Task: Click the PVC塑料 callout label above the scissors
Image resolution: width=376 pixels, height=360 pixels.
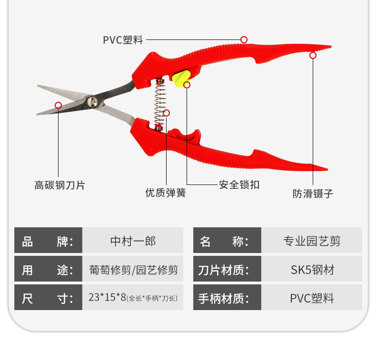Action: tap(123, 40)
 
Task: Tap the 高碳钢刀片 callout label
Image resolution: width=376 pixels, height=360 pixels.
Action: tap(59, 185)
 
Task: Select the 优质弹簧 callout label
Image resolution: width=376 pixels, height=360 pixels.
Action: tap(165, 193)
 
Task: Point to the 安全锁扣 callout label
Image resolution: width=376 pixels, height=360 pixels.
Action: tap(239, 185)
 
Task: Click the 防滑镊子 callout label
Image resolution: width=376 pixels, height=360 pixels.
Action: tap(312, 194)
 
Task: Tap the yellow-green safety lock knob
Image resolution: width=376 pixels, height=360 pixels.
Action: tap(181, 78)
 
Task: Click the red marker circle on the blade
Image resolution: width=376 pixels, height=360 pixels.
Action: tap(58, 105)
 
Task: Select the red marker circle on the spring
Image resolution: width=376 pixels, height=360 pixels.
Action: tap(166, 113)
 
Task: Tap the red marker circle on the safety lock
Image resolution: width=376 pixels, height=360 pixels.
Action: tap(187, 85)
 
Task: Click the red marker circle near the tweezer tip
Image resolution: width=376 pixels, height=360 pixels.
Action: tap(313, 55)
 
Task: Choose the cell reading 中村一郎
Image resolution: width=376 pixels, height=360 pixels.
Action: tap(133, 241)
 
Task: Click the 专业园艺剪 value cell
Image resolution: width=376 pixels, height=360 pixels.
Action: tap(312, 241)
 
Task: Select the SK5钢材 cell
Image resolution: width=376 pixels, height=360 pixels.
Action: tap(312, 270)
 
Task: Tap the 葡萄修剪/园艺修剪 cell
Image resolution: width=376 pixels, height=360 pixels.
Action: tap(133, 270)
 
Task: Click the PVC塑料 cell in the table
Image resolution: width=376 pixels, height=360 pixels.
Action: tap(312, 298)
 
